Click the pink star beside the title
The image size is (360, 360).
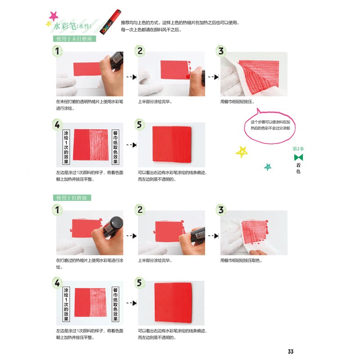click(53, 16)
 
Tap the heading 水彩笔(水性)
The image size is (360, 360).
click(72, 26)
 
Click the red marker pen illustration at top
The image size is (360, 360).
click(110, 22)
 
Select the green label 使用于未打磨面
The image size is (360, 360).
click(74, 39)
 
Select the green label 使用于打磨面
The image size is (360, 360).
click(72, 198)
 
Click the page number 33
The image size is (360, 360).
click(290, 351)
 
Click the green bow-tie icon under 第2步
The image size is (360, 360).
click(298, 157)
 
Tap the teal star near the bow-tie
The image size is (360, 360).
click(267, 167)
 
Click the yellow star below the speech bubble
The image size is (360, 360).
click(242, 152)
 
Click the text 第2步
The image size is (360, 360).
click(298, 149)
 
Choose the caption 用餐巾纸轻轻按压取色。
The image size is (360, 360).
click(241, 261)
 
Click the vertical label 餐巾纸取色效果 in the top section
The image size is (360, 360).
click(115, 147)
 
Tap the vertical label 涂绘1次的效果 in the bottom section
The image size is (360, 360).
click(66, 304)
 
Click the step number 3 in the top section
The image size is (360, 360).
click(221, 51)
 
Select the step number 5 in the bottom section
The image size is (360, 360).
click(139, 283)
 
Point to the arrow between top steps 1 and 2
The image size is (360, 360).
click(131, 77)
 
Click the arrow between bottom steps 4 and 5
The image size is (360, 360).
click(131, 303)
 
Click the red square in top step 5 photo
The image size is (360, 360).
click(172, 144)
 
